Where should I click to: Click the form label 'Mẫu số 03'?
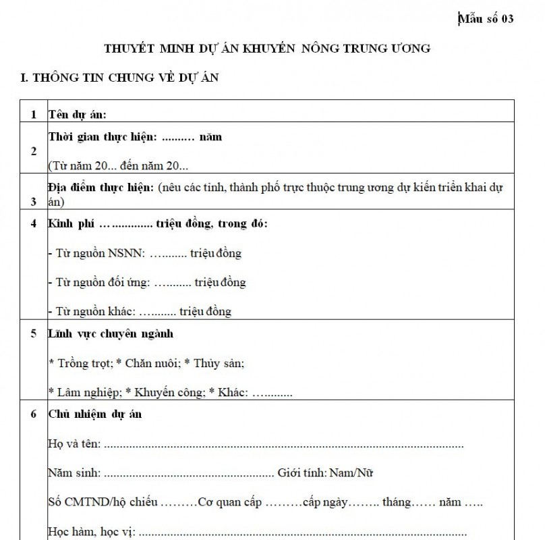[x=485, y=18]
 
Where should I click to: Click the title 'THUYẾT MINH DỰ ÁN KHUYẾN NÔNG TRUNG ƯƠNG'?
[x=267, y=49]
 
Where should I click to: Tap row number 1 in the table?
[x=34, y=114]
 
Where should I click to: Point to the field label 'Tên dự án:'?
[x=78, y=114]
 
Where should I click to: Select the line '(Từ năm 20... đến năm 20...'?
[x=119, y=165]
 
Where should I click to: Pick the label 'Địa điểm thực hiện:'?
[x=101, y=186]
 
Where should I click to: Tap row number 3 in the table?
[x=34, y=201]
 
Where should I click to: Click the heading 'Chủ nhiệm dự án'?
[x=94, y=414]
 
